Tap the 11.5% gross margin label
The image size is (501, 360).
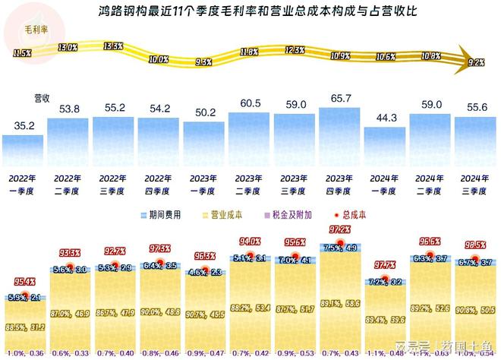click(22, 53)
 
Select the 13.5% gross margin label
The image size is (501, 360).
click(112, 46)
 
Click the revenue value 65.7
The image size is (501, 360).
click(339, 99)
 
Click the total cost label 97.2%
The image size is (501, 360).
click(339, 229)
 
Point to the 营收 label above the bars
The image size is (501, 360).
click(43, 99)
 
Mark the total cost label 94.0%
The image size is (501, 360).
click(249, 242)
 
